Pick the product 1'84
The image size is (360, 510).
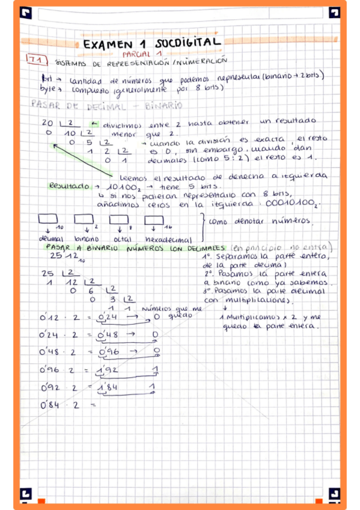click(x=108, y=389)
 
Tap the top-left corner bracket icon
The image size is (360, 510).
click(x=26, y=12)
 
